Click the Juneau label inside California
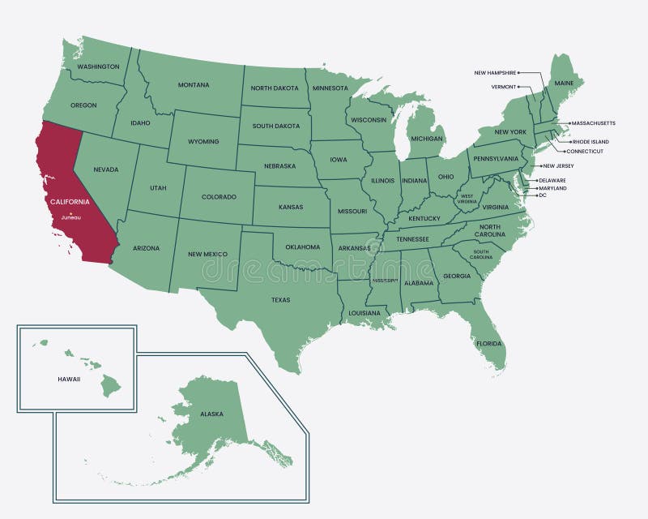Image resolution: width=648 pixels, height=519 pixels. click(x=71, y=217)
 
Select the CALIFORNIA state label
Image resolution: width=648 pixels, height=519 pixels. click(x=70, y=201)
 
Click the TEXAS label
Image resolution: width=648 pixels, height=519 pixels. click(x=280, y=300)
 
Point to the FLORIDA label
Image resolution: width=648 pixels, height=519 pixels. click(x=489, y=343)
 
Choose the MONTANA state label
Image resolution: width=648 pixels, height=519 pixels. click(x=194, y=84)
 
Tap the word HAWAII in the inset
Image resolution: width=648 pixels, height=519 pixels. click(x=69, y=379)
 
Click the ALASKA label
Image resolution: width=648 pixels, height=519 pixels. click(x=211, y=414)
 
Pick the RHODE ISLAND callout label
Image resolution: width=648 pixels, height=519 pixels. click(x=590, y=142)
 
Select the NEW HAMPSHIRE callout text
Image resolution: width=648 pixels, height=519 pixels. click(x=495, y=73)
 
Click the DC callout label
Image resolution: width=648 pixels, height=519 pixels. click(x=543, y=195)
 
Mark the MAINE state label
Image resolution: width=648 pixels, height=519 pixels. click(x=564, y=84)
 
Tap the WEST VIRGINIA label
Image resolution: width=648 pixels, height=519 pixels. click(x=467, y=198)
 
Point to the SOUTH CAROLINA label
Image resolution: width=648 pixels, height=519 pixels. click(x=481, y=254)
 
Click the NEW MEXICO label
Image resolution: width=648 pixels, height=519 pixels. click(x=207, y=254)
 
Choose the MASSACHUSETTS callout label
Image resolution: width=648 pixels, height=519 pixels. click(x=593, y=123)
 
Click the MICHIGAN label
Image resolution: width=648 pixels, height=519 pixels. click(x=427, y=139)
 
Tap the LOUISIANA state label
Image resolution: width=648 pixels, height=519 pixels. click(x=364, y=313)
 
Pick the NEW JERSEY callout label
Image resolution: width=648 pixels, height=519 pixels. click(x=559, y=166)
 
